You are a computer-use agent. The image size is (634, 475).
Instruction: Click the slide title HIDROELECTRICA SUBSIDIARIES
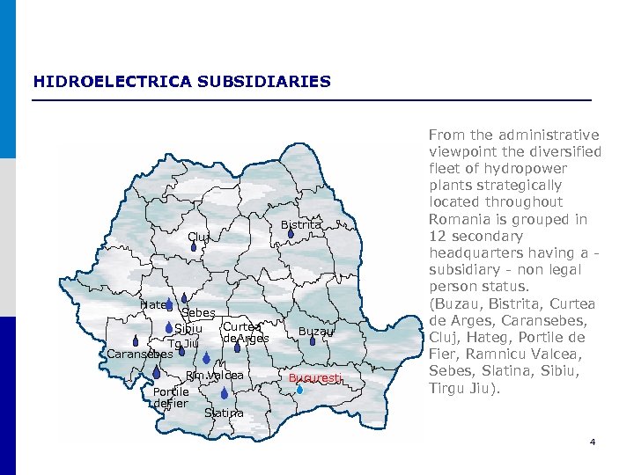[182, 82]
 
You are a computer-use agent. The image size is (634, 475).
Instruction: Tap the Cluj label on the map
[198, 237]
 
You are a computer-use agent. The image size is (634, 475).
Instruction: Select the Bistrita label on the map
[301, 225]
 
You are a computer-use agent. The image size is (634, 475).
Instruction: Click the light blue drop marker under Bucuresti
[299, 390]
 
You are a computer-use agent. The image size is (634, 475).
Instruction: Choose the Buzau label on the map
[315, 332]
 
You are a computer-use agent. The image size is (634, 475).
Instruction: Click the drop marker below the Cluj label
[193, 249]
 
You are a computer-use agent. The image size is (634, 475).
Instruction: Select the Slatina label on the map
[224, 413]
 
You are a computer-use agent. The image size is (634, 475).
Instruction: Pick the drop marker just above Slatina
[225, 394]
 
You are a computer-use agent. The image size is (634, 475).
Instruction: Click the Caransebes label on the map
[139, 354]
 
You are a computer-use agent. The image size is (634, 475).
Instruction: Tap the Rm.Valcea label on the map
[214, 376]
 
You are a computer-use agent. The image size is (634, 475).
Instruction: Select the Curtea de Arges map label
[244, 332]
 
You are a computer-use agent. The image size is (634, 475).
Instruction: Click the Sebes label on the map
[198, 314]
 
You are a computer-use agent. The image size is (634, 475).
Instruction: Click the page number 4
[593, 442]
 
